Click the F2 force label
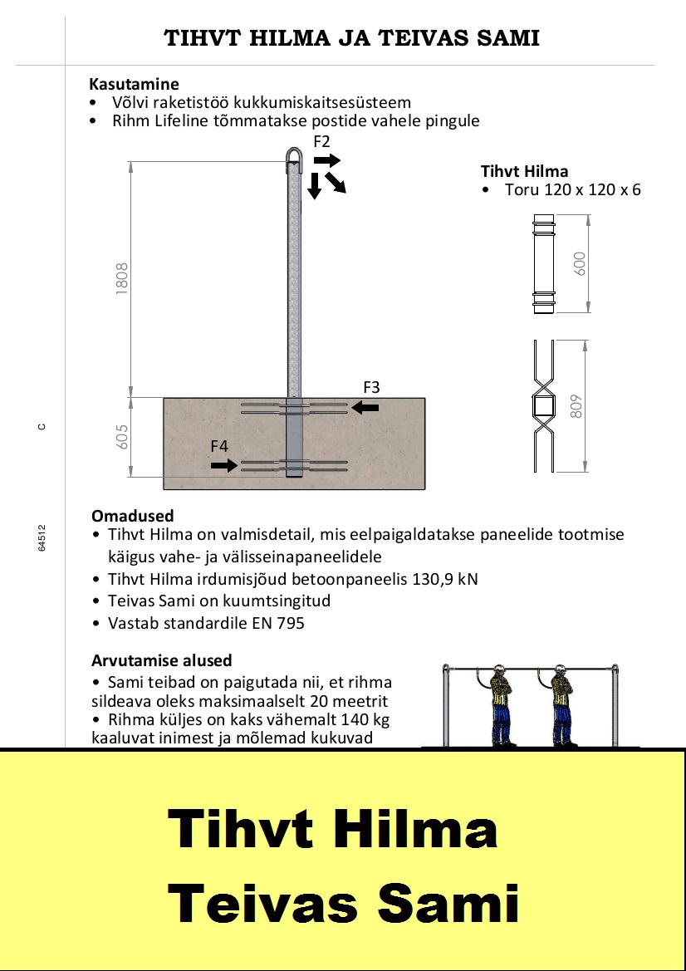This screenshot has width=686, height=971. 322,141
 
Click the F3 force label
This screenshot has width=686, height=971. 371,388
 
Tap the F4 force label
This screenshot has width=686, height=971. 219,446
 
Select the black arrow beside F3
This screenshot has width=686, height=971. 365,407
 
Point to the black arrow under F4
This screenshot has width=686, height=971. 224,464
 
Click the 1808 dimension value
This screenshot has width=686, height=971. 122,278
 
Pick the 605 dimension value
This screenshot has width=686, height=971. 122,437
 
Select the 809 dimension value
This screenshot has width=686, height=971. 576,407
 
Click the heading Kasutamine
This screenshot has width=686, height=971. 135,84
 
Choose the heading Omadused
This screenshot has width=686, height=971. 133,515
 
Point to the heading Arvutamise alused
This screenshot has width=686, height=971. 162,660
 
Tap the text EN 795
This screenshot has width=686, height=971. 278,623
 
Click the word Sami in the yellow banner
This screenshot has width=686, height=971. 448,904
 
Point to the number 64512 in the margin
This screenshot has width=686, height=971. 42,538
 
